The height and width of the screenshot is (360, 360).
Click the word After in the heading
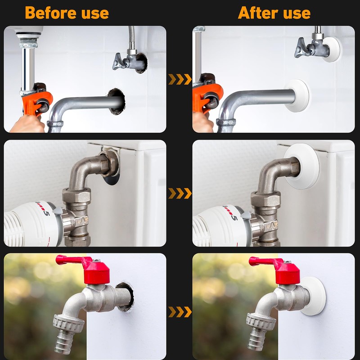(258, 13)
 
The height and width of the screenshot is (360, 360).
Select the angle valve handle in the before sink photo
(118, 62)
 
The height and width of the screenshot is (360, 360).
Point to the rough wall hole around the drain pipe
(117, 101)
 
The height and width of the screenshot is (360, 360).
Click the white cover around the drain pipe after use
(297, 96)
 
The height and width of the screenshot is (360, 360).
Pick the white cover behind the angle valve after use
(331, 49)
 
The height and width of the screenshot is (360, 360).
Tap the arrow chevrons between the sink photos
(180, 79)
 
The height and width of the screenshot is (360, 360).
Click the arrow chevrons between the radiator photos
(180, 193)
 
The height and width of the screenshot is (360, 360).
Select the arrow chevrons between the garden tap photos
(180, 312)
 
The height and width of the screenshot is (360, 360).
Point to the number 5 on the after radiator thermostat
(234, 217)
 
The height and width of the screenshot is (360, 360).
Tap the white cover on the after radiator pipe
(301, 166)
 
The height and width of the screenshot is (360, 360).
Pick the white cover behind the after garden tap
(313, 296)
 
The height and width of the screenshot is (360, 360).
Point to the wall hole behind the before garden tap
(125, 297)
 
